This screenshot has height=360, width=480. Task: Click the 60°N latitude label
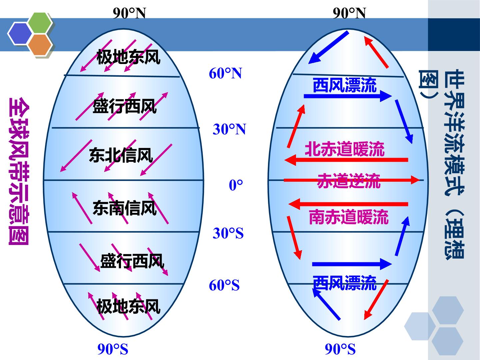[225, 73]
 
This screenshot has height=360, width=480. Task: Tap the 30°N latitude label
[229, 129]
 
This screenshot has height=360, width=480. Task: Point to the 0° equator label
[236, 185]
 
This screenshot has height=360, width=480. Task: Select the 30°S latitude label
[228, 233]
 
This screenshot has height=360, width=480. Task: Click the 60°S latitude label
[224, 285]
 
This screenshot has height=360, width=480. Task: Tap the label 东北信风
[121, 155]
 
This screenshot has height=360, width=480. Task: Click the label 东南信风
[125, 208]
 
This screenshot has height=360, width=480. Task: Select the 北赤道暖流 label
[345, 149]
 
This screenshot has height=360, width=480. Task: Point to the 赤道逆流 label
[349, 181]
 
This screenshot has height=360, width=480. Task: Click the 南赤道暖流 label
[349, 217]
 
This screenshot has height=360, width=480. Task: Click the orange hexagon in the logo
[40, 45]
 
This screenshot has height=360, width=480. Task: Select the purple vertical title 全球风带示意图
[19, 171]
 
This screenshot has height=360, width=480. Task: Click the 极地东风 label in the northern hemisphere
[128, 57]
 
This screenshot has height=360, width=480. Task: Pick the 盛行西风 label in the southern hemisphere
[132, 261]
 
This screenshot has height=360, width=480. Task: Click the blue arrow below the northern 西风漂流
[348, 96]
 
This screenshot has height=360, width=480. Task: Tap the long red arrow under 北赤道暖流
[346, 160]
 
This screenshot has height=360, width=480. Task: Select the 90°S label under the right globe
[340, 349]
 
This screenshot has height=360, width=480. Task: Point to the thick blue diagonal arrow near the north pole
[328, 47]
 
